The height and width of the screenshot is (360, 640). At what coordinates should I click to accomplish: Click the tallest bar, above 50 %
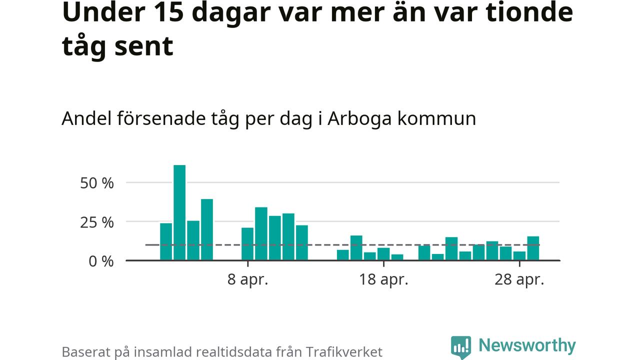click(179, 212)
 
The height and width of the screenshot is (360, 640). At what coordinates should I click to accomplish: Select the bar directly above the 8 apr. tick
click(247, 244)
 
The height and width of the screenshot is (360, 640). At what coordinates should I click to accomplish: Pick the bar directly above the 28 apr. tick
click(519, 256)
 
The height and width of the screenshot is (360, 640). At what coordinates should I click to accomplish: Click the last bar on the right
click(533, 248)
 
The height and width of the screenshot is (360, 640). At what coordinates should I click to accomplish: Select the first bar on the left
click(166, 241)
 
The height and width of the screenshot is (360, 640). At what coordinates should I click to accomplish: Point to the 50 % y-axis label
click(97, 183)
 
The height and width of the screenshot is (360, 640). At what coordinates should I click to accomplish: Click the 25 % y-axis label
click(97, 222)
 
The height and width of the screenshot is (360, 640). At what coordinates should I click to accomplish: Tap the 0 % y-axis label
click(101, 261)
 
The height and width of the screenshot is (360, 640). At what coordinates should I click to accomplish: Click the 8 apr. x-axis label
click(247, 279)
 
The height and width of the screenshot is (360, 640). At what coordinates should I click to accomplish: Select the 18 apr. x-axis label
click(383, 279)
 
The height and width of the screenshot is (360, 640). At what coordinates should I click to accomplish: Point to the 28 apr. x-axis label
click(519, 279)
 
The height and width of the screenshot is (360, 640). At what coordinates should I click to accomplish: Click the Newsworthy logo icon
click(460, 346)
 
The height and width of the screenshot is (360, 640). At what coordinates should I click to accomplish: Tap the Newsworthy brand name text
click(527, 345)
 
